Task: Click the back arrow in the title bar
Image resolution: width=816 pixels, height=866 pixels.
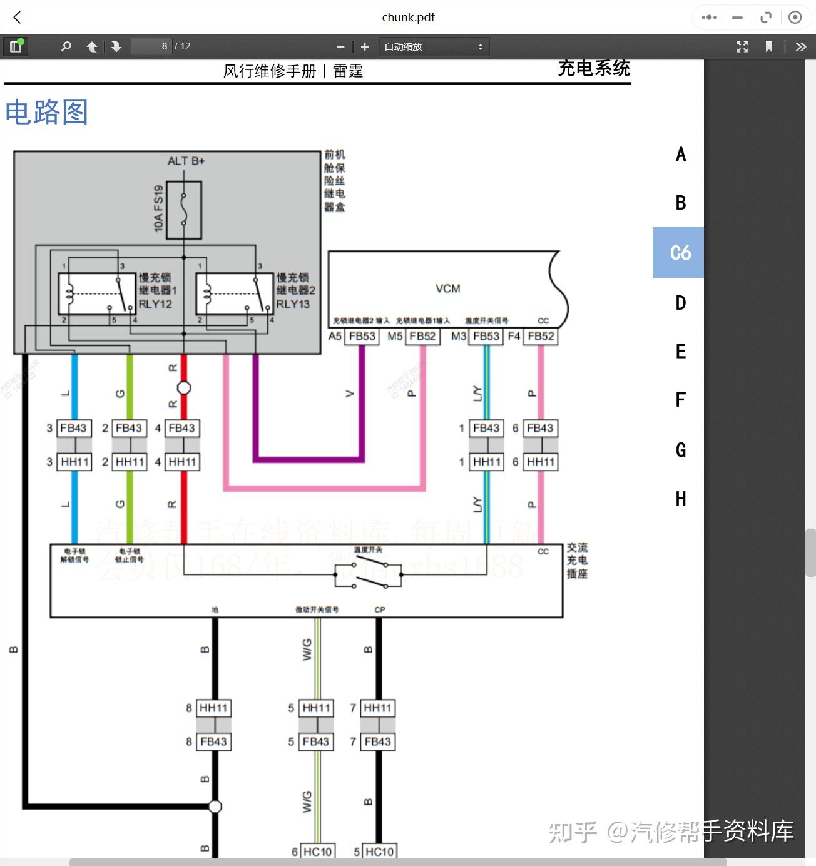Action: coord(17,18)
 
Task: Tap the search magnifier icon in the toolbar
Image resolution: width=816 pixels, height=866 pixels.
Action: coord(66,46)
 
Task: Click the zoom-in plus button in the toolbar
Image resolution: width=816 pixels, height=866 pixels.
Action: coord(365,46)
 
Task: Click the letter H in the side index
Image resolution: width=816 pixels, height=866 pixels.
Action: coord(681,499)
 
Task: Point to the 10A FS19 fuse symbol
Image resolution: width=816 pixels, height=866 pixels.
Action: coord(184,210)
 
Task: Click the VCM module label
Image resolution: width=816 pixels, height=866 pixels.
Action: coord(447,288)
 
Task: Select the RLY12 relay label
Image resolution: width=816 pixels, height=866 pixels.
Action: coord(155,304)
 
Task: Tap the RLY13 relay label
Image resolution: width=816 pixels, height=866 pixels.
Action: coord(293,304)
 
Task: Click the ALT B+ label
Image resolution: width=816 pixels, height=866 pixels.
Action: coord(186,161)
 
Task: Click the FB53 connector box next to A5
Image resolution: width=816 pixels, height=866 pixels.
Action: coord(362,336)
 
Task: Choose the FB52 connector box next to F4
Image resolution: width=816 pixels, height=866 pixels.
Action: coord(541,336)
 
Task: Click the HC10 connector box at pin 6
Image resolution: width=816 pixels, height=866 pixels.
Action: coord(317,852)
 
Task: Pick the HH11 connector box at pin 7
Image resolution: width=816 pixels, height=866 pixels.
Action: coord(377,708)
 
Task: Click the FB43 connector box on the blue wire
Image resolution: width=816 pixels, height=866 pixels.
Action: coord(74,428)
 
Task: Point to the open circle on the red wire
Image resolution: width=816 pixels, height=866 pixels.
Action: coord(184,387)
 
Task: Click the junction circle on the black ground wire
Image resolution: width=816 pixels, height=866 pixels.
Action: coord(215,806)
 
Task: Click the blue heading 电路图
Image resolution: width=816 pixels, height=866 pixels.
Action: coord(46,113)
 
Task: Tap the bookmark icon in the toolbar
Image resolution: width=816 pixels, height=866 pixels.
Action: coord(769,46)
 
